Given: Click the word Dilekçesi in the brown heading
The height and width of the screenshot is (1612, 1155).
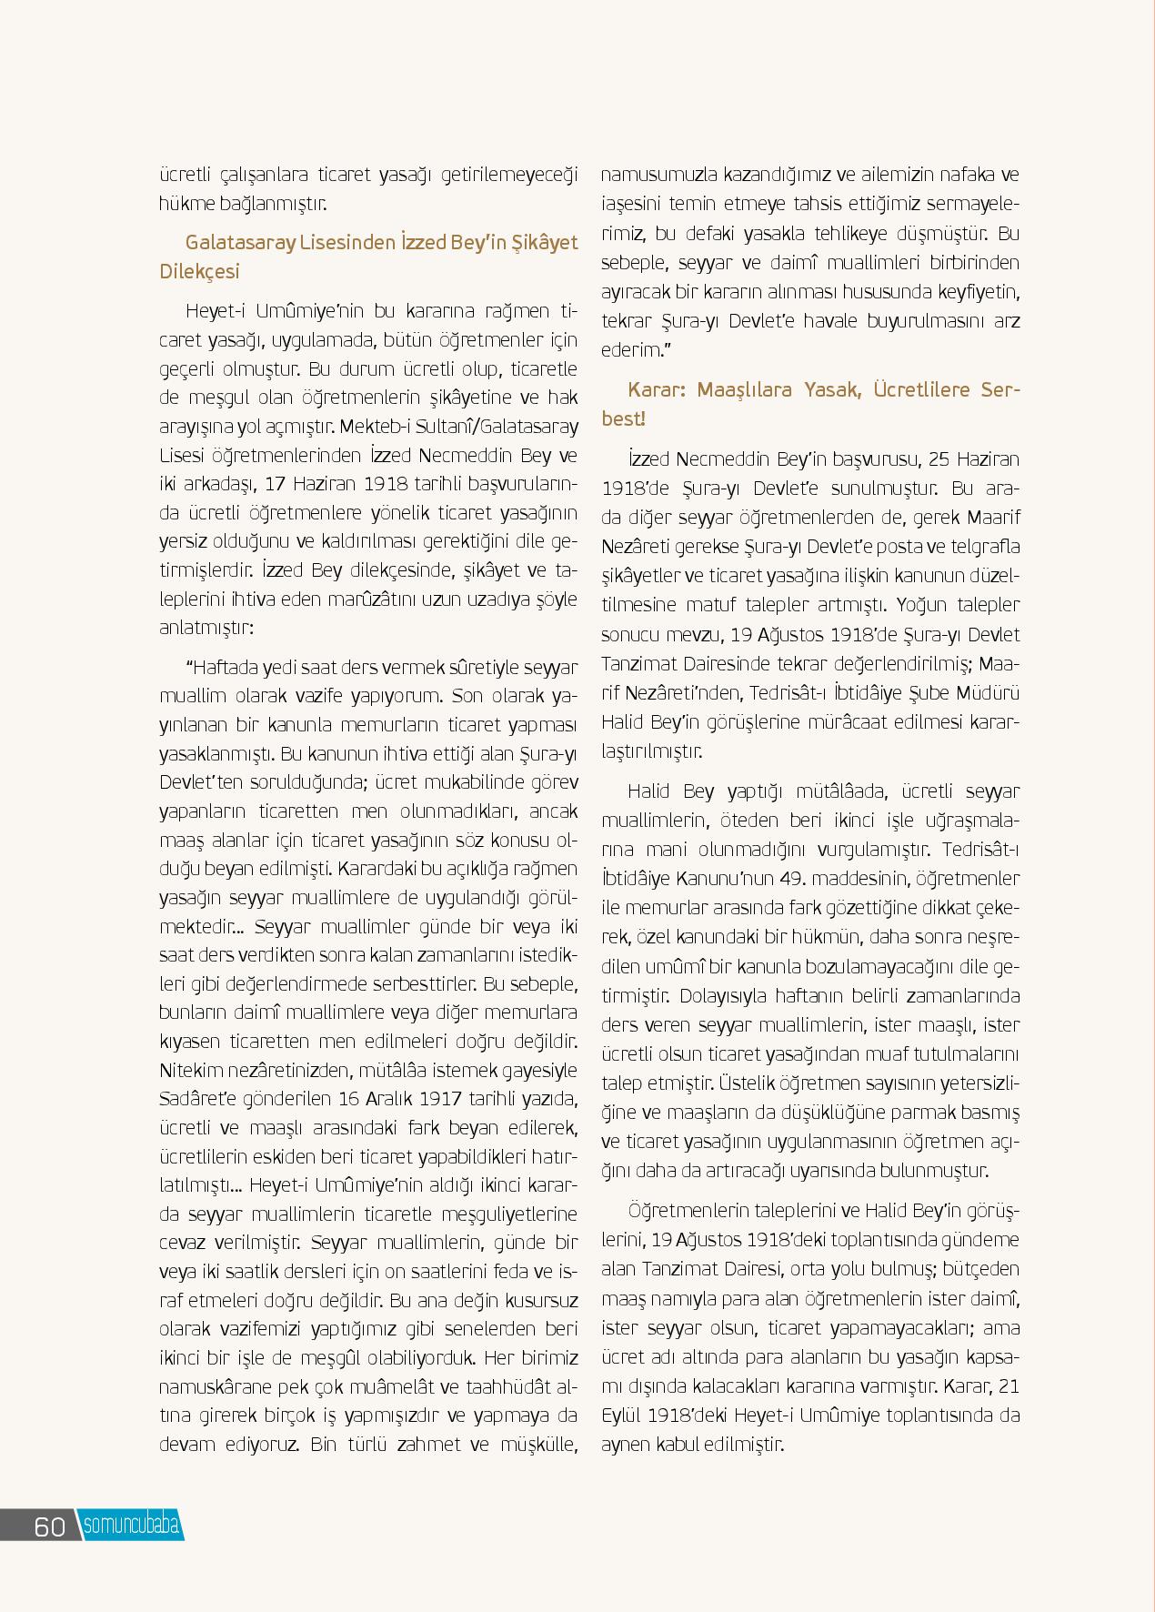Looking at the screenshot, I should pyautogui.click(x=200, y=272).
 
